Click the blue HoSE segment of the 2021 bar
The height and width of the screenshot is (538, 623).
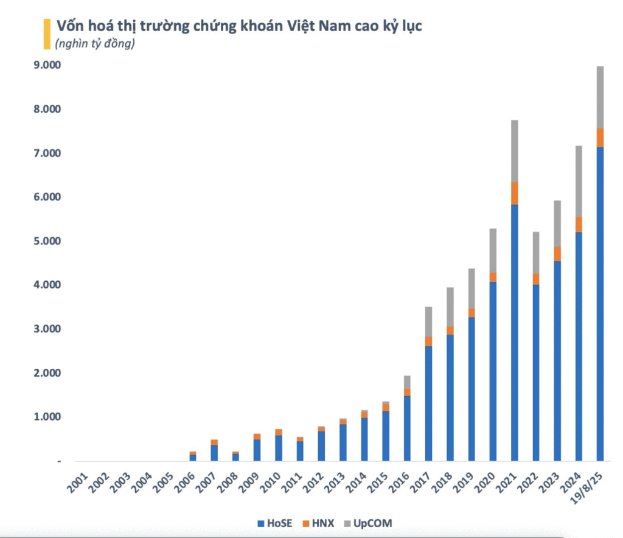pyautogui.click(x=515, y=332)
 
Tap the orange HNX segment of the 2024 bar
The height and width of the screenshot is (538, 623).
pyautogui.click(x=579, y=225)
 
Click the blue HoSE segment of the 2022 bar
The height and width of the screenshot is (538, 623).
pyautogui.click(x=536, y=372)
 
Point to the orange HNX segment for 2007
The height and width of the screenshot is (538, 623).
pyautogui.click(x=214, y=442)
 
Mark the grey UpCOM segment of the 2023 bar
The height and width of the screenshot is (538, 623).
pyautogui.click(x=557, y=223)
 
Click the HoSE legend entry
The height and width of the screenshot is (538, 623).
pyautogui.click(x=277, y=523)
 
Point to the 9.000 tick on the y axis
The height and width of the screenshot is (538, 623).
pyautogui.click(x=46, y=65)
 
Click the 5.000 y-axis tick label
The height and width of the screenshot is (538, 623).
pyautogui.click(x=46, y=241)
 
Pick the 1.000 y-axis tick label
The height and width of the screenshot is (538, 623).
pyautogui.click(x=46, y=417)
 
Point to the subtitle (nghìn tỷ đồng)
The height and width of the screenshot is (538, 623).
pyautogui.click(x=94, y=44)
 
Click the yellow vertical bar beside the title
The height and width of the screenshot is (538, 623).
pyautogui.click(x=46, y=33)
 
